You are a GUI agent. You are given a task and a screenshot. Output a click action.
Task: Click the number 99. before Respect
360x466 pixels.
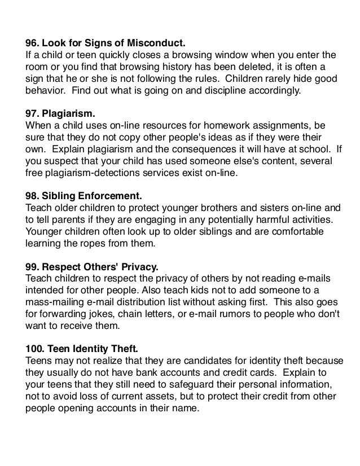click(x=35, y=264)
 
